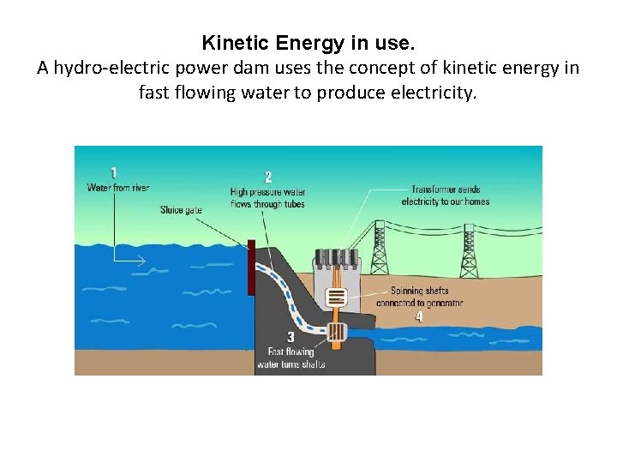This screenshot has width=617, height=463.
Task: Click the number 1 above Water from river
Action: tap(114, 172)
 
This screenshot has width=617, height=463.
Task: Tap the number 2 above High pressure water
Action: tap(268, 177)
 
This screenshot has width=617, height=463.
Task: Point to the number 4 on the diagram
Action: tap(418, 316)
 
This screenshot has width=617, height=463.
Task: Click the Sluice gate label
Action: tap(181, 210)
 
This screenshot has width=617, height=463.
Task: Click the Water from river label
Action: tap(118, 188)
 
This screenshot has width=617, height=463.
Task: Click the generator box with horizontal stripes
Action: tap(337, 298)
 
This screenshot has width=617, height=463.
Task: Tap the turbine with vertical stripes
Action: tap(336, 332)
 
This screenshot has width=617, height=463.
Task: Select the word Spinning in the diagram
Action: tap(408, 291)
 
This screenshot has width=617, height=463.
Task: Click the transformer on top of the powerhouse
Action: tap(336, 258)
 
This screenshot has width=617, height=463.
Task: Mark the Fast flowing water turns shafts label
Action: tap(291, 358)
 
